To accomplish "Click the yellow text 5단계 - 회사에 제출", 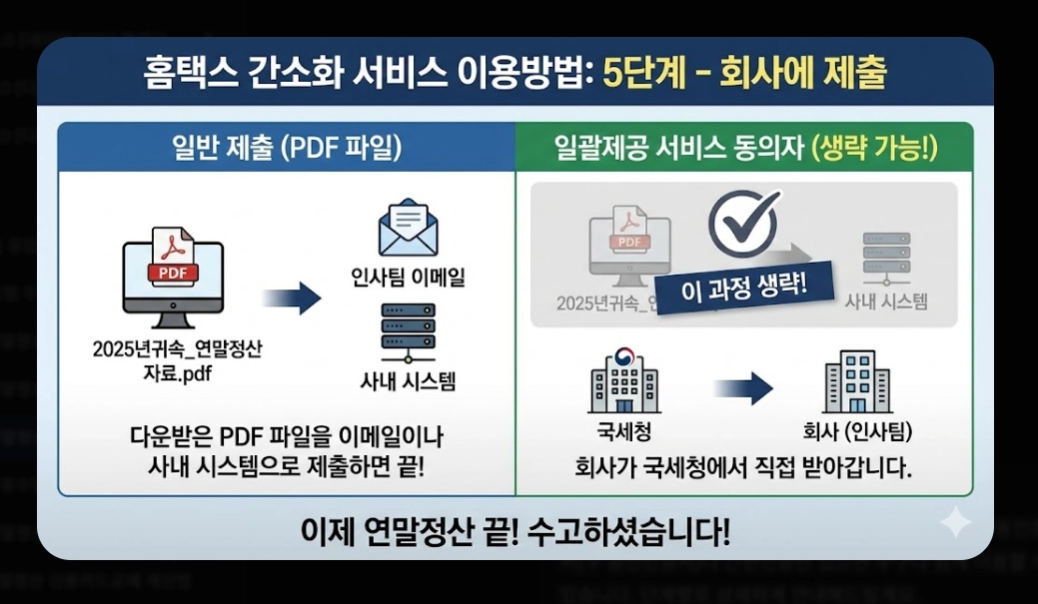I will tap(744, 75).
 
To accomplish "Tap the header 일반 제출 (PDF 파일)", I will tap(286, 149).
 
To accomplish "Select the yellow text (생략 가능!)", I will tap(876, 149).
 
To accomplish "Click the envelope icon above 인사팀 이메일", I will tap(409, 231).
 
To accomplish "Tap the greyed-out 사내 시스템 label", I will tap(886, 302).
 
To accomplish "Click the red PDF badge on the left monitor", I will tap(173, 271).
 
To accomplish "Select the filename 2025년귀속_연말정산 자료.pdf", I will tap(181, 360).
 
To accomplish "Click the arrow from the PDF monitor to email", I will tap(291, 298).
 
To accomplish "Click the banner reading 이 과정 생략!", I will tap(744, 289).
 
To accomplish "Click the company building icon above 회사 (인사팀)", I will tap(857, 382).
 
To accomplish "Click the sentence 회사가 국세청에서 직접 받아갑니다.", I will tap(744, 467).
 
